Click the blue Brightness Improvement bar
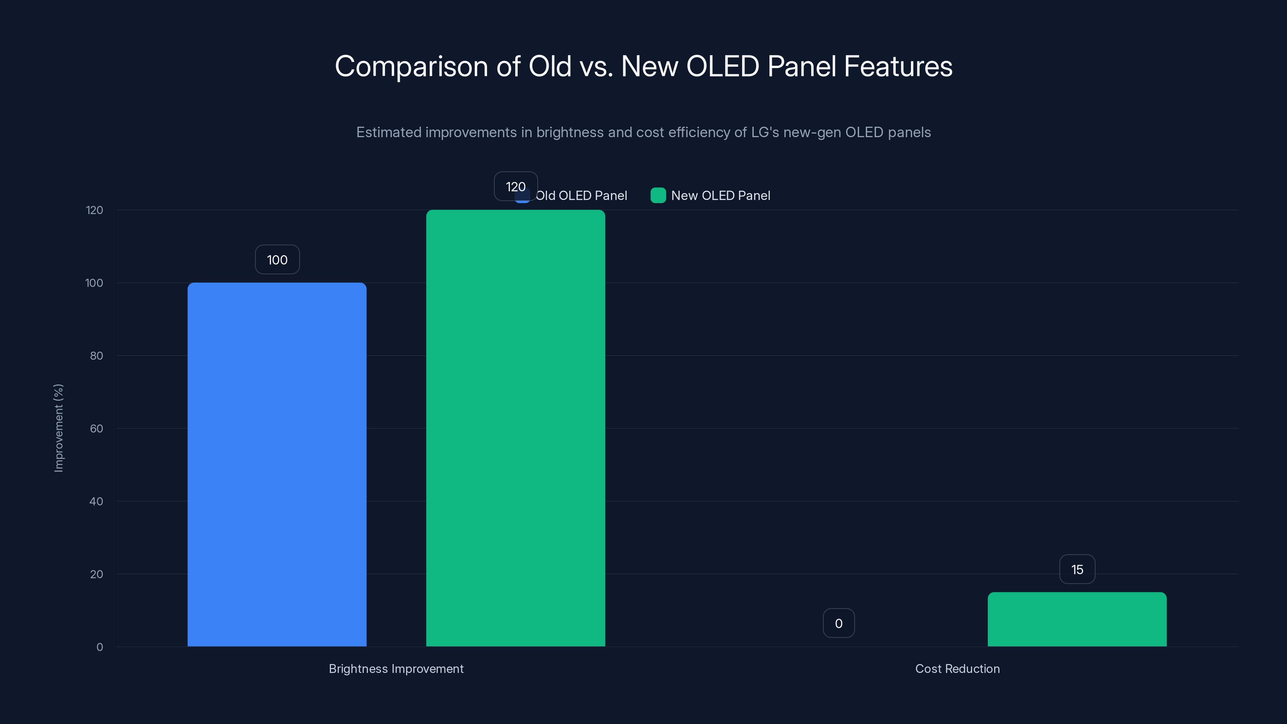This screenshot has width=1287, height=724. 277,465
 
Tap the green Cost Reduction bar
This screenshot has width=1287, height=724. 1077,619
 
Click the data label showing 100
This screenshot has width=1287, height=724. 277,260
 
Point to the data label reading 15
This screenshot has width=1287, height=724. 1077,570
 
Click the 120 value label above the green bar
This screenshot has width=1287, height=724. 515,186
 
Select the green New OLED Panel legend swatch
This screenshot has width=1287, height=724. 658,195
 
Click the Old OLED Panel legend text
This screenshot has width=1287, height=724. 581,196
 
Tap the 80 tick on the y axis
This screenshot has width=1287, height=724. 97,356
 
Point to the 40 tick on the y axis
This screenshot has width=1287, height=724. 96,501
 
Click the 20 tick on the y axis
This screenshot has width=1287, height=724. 97,574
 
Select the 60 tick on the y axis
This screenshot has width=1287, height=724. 97,429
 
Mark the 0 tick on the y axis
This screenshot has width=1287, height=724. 99,647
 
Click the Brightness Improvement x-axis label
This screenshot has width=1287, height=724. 396,668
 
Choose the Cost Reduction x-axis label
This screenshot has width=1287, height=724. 957,668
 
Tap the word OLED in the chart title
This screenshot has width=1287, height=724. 722,66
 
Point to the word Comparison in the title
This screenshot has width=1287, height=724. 411,67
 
